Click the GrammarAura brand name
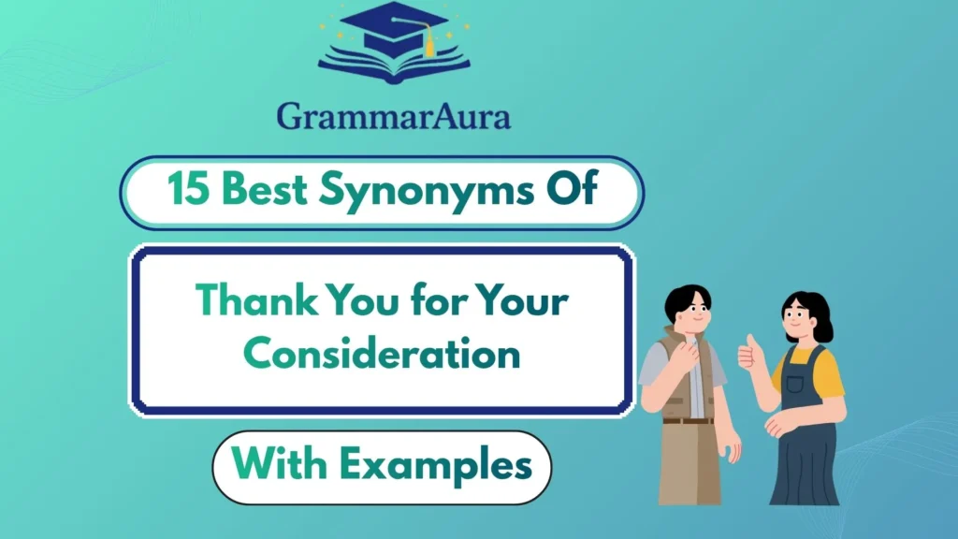[394, 116]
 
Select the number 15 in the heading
[188, 192]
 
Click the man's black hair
[688, 299]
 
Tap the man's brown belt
[688, 421]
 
